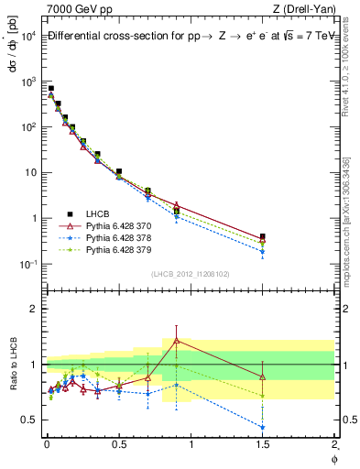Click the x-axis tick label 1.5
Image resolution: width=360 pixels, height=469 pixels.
pyautogui.click(x=263, y=444)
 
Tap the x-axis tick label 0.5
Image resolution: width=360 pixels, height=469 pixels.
pyautogui.click(x=118, y=444)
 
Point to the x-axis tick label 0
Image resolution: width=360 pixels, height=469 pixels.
pyautogui.click(x=47, y=444)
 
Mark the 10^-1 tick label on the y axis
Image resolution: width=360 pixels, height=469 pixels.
pyautogui.click(x=27, y=264)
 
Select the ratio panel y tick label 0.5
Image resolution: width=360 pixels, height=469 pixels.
pyautogui.click(x=27, y=420)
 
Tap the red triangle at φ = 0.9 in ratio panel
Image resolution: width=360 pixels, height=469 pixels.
pyautogui.click(x=176, y=341)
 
